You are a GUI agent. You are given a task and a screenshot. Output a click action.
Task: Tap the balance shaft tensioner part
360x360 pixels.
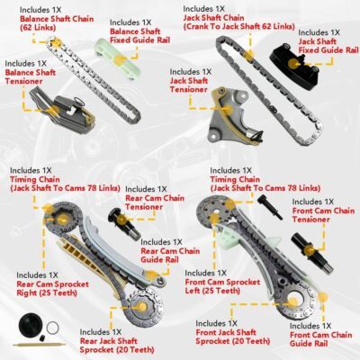(x=61, y=108)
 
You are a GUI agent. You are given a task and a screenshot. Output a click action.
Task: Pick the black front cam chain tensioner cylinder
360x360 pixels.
(x=310, y=251)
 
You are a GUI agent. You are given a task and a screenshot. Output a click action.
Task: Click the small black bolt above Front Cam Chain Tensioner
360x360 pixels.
(x=269, y=207)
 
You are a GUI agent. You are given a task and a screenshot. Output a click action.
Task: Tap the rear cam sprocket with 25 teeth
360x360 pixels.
(x=62, y=218)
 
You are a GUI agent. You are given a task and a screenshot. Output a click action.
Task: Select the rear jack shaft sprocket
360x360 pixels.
(x=143, y=307)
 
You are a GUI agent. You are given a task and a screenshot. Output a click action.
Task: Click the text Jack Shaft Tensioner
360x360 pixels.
(x=189, y=85)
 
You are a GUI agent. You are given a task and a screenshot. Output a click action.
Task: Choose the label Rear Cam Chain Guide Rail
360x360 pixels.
(x=170, y=256)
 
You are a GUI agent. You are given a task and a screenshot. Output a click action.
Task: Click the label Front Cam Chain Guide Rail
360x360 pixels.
(x=320, y=339)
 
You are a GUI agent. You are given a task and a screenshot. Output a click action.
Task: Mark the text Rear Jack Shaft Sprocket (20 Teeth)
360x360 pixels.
(x=117, y=346)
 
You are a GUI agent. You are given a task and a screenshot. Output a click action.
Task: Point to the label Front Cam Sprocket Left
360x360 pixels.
(x=222, y=286)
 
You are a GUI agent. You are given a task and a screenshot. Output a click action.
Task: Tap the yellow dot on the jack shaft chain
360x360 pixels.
(x=248, y=56)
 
